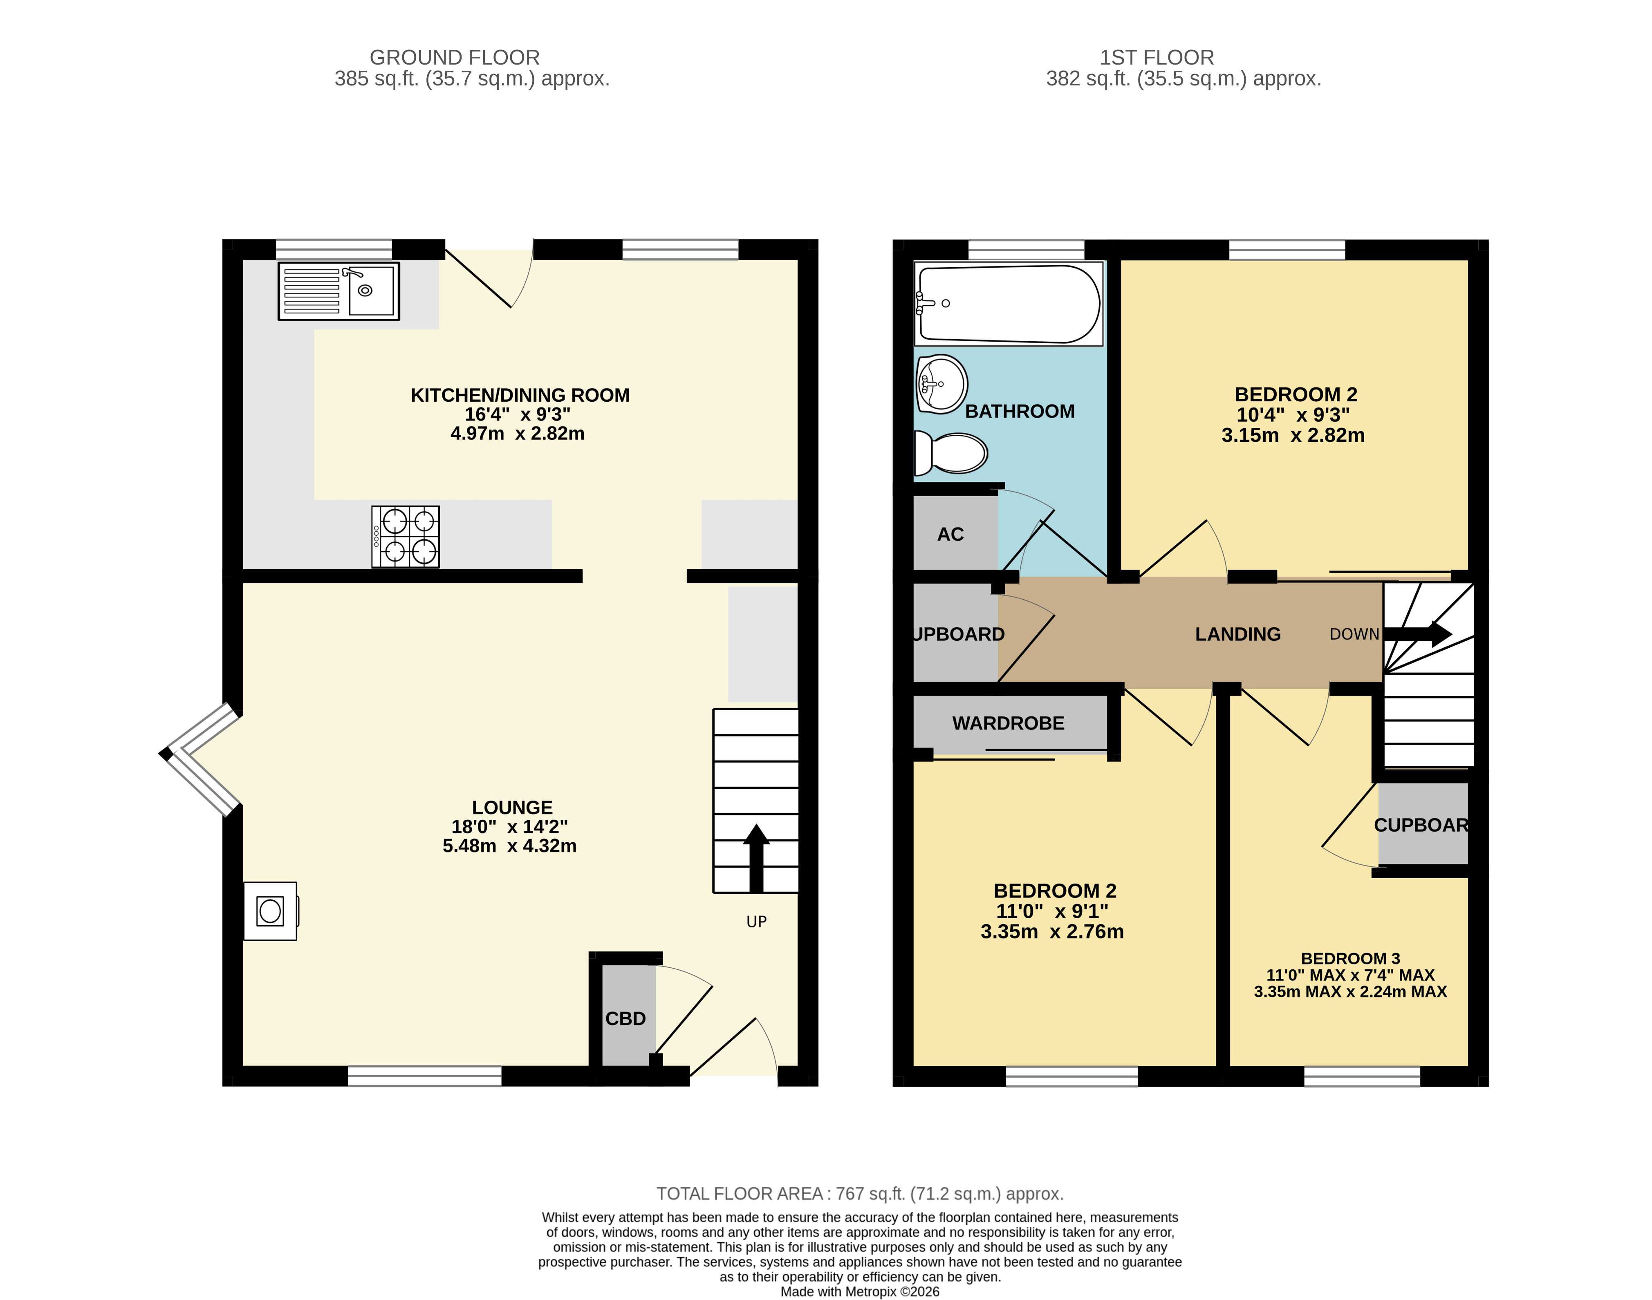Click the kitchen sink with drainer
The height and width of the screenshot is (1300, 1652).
point(338,291)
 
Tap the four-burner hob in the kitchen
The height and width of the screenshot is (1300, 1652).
point(405,537)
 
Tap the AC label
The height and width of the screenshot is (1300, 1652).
point(950,534)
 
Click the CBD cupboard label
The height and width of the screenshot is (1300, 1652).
point(625,1018)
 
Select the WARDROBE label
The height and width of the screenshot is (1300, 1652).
point(1008,723)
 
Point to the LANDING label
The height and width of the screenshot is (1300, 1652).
point(1238,634)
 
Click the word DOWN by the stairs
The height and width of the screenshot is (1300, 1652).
point(1354,634)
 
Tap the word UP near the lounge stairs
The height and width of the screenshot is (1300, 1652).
point(756,922)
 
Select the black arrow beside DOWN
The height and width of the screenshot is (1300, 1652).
point(1417,634)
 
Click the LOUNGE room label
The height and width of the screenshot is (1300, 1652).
point(512,808)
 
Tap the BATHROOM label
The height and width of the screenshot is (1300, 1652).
point(1020,411)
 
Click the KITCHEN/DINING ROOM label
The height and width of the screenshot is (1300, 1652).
point(520,395)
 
